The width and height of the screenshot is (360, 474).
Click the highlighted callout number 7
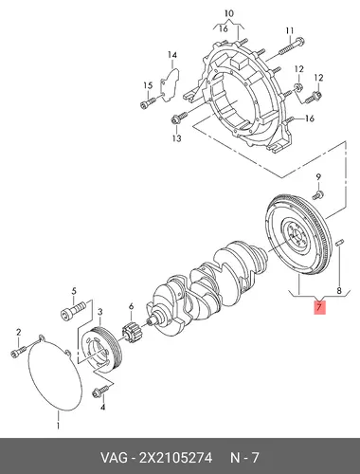[x=319, y=307]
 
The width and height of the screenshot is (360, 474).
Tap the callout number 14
[x=172, y=55]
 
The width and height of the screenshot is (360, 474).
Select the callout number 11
[x=290, y=30]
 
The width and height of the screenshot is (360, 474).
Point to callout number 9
[x=318, y=177]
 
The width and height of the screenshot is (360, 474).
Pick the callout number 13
[x=177, y=138]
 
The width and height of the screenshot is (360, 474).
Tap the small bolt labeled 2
[x=18, y=352]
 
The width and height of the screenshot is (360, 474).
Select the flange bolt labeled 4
[x=100, y=391]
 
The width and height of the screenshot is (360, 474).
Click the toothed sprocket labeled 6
[x=131, y=334]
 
